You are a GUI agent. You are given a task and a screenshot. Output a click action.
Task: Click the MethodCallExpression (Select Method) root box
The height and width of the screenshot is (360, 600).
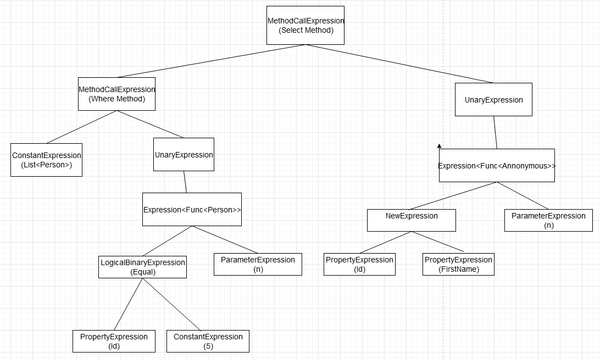click(306, 26)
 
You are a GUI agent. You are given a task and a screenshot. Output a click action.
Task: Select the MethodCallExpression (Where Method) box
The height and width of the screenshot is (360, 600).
click(118, 95)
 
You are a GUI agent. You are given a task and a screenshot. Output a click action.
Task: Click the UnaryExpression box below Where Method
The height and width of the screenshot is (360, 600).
click(184, 156)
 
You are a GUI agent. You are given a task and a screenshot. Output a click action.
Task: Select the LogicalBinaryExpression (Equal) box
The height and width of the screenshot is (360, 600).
click(142, 267)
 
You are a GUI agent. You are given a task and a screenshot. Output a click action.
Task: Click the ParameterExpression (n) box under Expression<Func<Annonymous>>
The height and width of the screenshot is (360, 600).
click(548, 219)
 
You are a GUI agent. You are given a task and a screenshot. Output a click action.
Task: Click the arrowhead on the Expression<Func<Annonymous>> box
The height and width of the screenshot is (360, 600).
click(438, 148)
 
